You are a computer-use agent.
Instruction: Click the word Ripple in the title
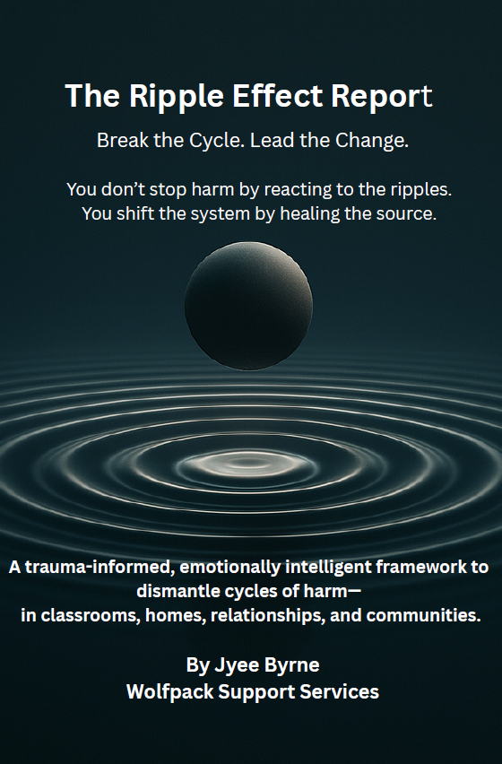[x=177, y=97]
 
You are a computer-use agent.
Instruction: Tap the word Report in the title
[x=382, y=95]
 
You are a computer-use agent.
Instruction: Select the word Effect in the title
[x=278, y=95]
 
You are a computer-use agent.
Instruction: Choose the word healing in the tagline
[x=310, y=214]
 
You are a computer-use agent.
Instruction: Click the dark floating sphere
[x=249, y=306]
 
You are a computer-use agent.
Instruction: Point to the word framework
[x=417, y=567]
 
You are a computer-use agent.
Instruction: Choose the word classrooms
[x=91, y=615]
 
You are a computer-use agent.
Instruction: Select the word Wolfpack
[x=170, y=692]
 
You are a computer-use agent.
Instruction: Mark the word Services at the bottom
[x=340, y=692]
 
